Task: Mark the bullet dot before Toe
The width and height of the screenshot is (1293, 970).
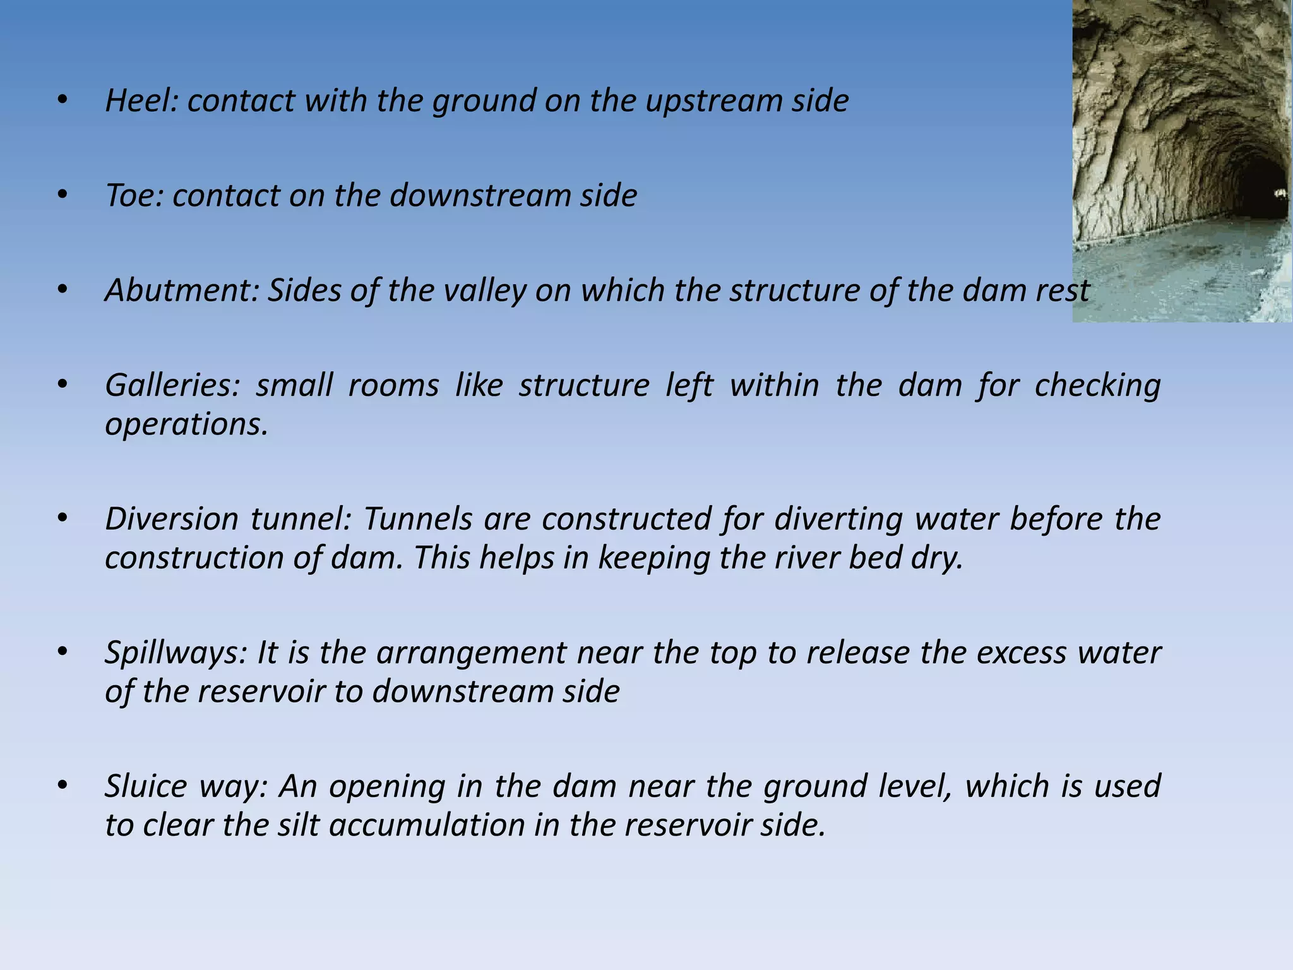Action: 61,195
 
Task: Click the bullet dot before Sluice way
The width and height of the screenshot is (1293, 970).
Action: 61,786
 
